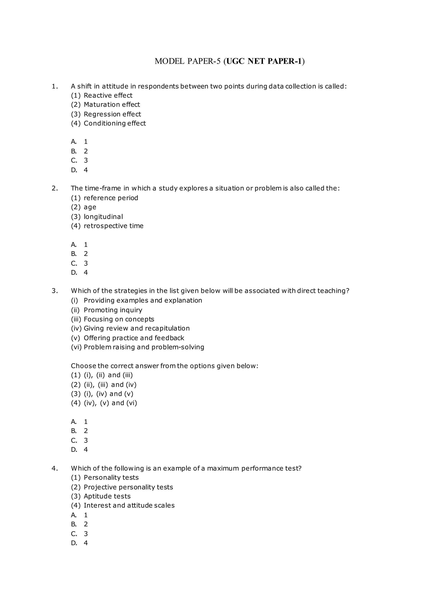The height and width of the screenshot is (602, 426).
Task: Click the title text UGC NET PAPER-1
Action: coord(264,61)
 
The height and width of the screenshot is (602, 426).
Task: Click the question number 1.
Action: coord(54,86)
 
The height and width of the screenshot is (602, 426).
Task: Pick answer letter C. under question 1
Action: coord(74,160)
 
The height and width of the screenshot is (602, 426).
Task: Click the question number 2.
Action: coord(54,188)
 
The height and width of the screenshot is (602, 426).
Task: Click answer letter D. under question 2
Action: coord(74,273)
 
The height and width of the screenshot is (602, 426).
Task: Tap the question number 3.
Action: coord(54,291)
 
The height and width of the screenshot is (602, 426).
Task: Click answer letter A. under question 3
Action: coord(74,422)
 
